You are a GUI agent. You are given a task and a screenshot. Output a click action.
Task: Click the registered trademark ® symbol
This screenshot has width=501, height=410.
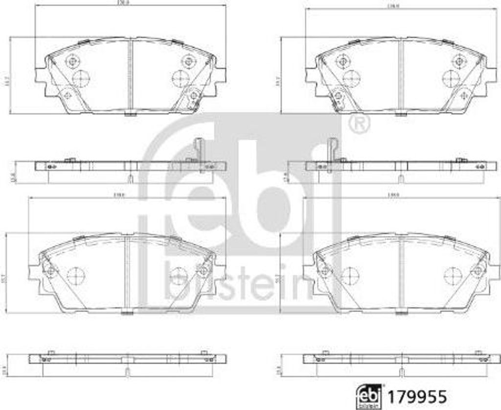pyautogui.click(x=360, y=124)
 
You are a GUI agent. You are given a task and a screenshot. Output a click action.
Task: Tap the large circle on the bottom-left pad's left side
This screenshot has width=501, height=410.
pyautogui.click(x=75, y=276)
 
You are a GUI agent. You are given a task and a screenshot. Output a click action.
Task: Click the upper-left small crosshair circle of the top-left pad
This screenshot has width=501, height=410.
pyautogui.click(x=72, y=61)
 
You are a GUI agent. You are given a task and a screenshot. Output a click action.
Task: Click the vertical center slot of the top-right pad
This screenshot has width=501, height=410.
pyautogui.click(x=400, y=76)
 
